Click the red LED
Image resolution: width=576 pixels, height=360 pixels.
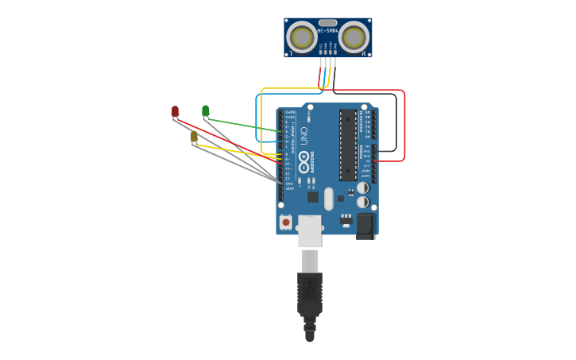tap(175, 111)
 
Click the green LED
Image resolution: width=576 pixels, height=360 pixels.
tap(205, 110)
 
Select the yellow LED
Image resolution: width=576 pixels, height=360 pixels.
tap(194, 137)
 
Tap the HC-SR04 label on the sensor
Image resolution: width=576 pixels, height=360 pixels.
tap(327, 31)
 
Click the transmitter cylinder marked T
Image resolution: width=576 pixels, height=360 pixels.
tap(302, 37)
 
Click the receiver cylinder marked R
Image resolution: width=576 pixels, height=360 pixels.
tap(354, 37)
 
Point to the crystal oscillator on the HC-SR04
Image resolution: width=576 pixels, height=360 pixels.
tap(327, 23)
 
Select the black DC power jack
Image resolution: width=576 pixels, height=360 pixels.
tap(365, 225)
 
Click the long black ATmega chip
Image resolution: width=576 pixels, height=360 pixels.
tap(348, 145)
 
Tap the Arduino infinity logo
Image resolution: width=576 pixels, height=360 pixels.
tap(303, 157)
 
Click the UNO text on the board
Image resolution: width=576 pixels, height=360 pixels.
tap(303, 136)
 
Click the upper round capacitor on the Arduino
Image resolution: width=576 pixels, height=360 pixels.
tap(362, 188)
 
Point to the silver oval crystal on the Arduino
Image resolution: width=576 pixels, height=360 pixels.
tap(329, 199)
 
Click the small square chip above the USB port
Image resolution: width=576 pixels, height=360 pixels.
tap(312, 196)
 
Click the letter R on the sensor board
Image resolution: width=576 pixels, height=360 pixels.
tap(364, 53)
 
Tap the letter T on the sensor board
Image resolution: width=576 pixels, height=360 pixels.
tap(291, 53)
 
